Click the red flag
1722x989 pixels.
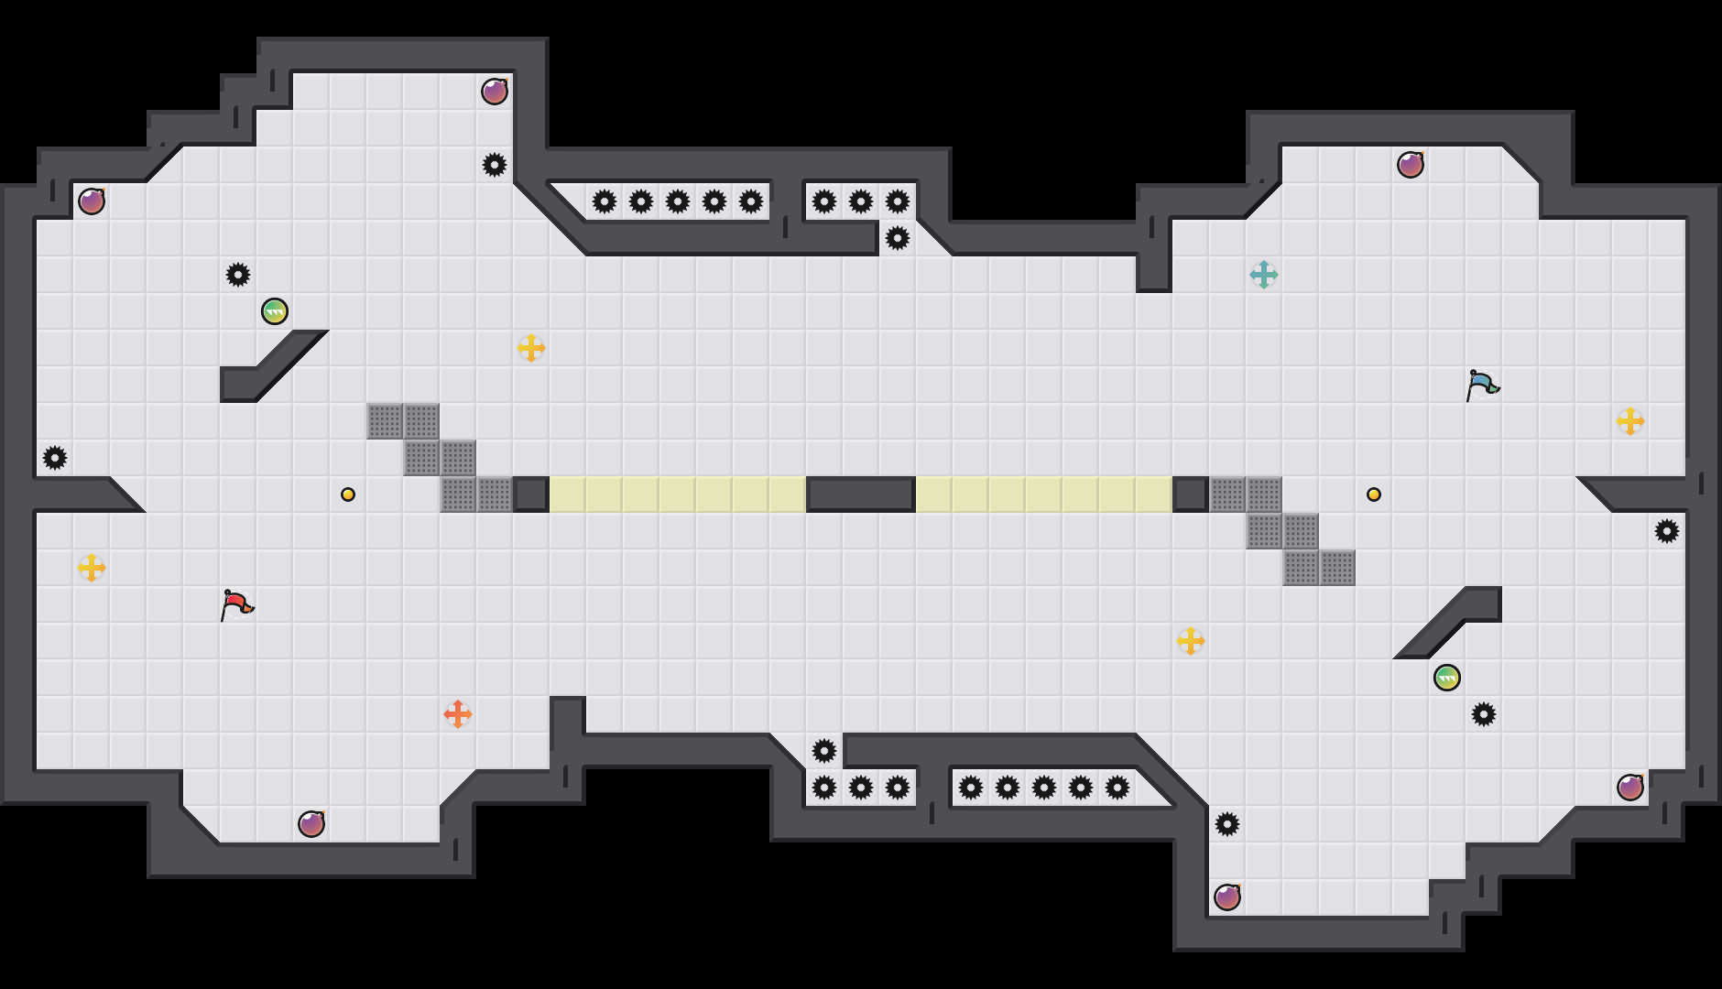pos(236,604)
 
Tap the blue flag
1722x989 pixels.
pos(1481,385)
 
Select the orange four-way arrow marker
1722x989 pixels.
pos(458,714)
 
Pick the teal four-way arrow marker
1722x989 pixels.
pos(1264,275)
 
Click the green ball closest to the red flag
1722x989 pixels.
pos(275,311)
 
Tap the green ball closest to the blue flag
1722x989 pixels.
pos(1447,678)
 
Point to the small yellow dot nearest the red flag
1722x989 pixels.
pos(348,494)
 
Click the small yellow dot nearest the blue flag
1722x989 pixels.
pos(1374,494)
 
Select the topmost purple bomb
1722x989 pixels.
pos(495,92)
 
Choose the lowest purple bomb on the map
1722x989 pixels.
pos(1227,897)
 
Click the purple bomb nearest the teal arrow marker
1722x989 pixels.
pos(1411,165)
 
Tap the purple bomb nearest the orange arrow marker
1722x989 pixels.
pos(311,824)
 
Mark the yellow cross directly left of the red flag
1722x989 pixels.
pos(92,568)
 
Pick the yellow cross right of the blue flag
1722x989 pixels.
pos(1630,421)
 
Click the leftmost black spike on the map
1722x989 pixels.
pos(55,458)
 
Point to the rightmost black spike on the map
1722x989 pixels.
pos(1667,531)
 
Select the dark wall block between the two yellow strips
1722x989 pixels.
pos(861,494)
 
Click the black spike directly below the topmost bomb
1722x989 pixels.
pos(495,165)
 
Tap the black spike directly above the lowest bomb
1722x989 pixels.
pos(1227,824)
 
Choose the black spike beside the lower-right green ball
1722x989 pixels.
pos(1484,714)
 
